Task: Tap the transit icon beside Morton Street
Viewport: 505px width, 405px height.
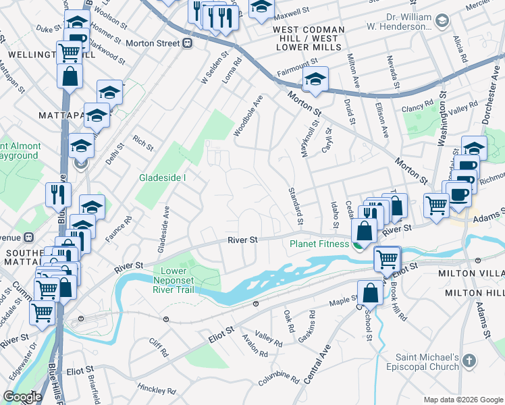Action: (187, 43)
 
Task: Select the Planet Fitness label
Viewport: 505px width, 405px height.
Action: (319, 244)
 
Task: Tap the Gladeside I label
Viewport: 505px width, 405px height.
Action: (162, 178)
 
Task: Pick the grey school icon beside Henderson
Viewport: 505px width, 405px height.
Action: (442, 22)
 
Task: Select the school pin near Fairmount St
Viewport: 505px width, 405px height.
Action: (315, 80)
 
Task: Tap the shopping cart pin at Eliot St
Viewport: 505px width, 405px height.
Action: (387, 259)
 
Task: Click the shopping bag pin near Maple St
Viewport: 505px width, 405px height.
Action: (370, 292)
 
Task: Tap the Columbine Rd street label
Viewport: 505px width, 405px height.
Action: (274, 378)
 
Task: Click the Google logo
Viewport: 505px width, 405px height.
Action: (22, 397)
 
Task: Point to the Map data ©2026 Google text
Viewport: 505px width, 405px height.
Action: (464, 400)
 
